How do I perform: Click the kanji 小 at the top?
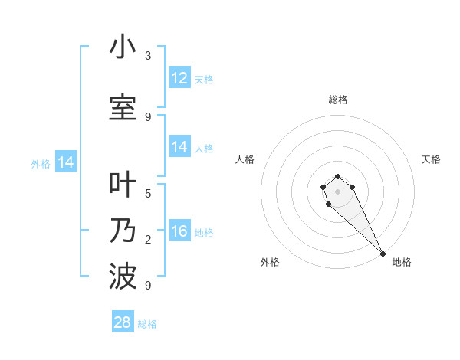123,47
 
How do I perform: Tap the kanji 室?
123,108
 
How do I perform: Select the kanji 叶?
123,185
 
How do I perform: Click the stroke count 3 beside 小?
148,56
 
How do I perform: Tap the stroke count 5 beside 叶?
148,193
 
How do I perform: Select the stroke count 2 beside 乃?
148,240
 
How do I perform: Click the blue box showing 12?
179,78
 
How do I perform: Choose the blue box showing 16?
179,232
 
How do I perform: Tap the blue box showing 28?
123,322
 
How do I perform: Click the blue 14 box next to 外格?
66,162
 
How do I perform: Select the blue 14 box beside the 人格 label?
179,147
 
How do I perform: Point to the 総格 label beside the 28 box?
147,324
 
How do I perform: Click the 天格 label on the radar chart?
431,159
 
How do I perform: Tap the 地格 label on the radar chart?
402,262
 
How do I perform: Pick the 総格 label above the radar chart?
338,100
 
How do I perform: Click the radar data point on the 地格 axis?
383,254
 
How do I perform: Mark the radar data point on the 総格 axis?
338,175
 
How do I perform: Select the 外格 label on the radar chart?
270,262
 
